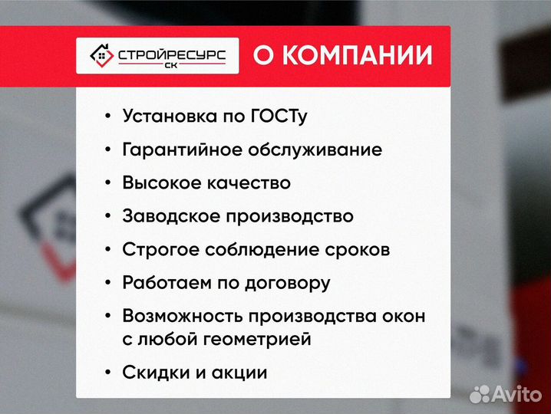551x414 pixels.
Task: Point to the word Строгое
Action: tap(157, 250)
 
